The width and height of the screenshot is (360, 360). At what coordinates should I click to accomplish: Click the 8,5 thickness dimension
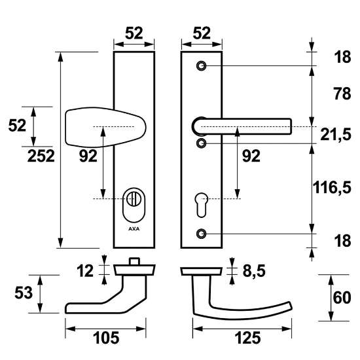tap(251, 268)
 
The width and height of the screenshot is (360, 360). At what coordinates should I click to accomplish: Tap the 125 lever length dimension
tap(247, 338)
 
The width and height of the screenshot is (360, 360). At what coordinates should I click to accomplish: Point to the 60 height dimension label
tap(342, 298)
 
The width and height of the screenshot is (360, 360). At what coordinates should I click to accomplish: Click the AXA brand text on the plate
tap(134, 230)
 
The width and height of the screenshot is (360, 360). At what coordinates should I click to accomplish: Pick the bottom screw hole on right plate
tap(202, 233)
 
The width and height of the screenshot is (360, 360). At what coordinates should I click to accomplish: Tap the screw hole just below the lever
tap(202, 143)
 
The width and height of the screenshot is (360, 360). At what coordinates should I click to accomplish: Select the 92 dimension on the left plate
tap(86, 156)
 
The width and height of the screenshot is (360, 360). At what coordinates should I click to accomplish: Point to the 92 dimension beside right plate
tap(251, 156)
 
